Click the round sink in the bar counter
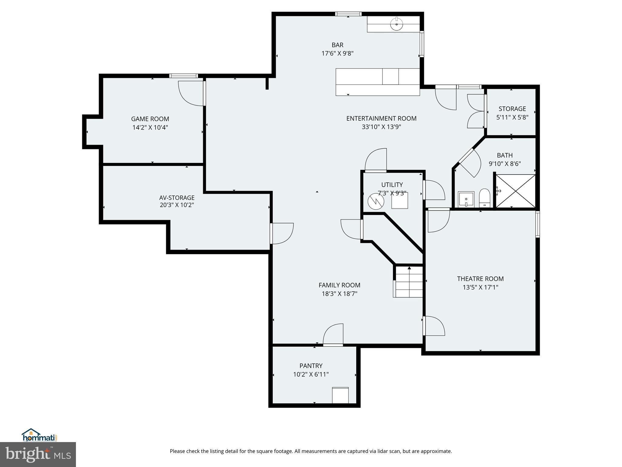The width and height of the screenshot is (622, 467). (x=397, y=24)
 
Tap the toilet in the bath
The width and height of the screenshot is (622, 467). (x=484, y=198)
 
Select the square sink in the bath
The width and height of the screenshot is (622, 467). (x=466, y=199)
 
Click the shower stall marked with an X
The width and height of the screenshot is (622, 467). (x=515, y=191)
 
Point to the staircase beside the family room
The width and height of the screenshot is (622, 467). (x=409, y=282)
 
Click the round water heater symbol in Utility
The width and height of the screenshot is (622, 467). (x=376, y=201)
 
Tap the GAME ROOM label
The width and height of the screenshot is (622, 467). (x=150, y=119)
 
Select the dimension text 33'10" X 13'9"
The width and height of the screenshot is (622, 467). (x=381, y=127)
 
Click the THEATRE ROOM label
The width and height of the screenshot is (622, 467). (x=480, y=278)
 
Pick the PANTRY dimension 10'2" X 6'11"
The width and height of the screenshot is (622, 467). (x=311, y=374)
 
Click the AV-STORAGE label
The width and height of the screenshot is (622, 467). (x=177, y=198)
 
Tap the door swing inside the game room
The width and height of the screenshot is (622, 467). (x=191, y=93)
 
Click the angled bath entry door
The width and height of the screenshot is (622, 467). (x=470, y=162)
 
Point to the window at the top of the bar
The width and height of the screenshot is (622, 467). (x=348, y=14)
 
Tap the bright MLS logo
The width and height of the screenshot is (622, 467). (x=38, y=454)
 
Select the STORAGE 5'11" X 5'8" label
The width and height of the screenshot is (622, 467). (x=512, y=113)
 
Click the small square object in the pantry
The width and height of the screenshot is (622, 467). (x=340, y=395)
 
